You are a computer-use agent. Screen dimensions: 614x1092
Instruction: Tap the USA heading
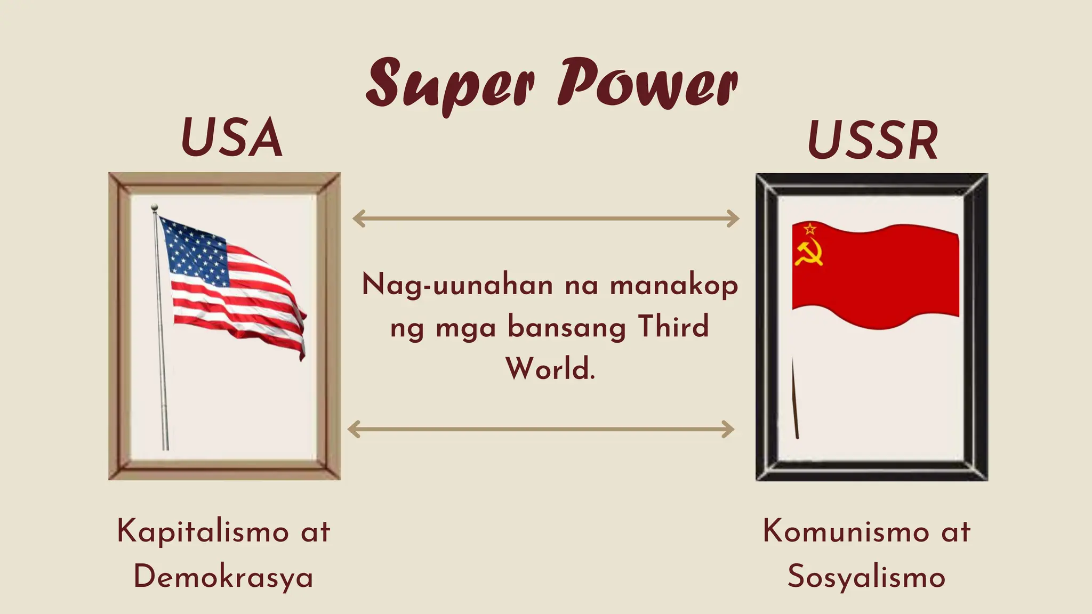coord(231,138)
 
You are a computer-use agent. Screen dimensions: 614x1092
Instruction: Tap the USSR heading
coord(872,140)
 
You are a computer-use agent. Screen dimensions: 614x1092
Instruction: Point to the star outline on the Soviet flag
coord(809,229)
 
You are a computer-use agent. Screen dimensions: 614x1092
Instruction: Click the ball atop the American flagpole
coord(155,207)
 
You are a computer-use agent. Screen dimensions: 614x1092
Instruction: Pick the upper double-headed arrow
coord(546,218)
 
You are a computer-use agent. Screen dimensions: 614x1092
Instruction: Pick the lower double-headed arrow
coord(541,429)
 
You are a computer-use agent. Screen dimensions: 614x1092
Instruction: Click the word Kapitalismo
coord(203,531)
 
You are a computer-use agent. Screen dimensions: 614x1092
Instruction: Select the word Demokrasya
coord(223,577)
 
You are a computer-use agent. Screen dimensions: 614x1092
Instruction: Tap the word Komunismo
coord(846,531)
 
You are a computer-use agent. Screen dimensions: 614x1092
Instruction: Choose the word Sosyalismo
coord(866,577)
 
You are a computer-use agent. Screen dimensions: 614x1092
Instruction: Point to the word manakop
coord(674,285)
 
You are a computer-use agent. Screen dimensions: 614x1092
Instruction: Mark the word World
coord(550,368)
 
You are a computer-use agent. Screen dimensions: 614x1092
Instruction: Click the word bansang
coord(566,326)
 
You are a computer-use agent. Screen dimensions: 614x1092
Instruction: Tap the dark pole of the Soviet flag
coord(794,400)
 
